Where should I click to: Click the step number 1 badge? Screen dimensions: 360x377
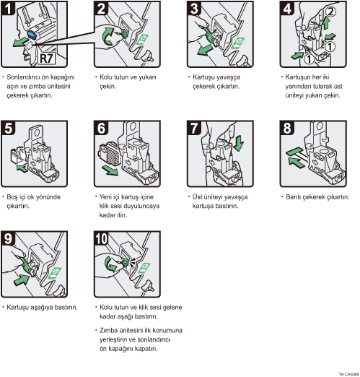point(8,9)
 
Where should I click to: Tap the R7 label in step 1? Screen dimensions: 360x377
point(47,58)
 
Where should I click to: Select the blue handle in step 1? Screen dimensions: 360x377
point(32,35)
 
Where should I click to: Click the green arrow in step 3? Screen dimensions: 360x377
point(204,50)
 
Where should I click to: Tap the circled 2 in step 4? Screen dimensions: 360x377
point(331,12)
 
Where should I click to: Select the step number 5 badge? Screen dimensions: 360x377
point(8,128)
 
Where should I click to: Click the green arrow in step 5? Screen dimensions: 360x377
point(22,168)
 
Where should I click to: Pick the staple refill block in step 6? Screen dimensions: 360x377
point(110,154)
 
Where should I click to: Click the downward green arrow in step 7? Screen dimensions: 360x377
point(239,143)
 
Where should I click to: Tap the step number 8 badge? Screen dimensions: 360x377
point(286,128)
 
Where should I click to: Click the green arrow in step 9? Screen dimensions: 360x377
point(22,279)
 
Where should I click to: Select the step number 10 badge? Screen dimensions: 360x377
point(102,238)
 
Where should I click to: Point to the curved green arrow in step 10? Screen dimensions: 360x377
point(110,264)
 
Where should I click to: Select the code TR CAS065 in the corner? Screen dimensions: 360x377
point(348,374)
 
